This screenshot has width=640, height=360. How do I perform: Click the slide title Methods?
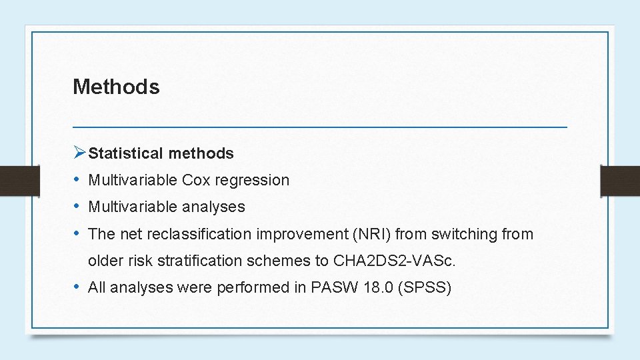click(116, 87)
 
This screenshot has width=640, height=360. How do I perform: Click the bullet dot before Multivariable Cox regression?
click(78, 180)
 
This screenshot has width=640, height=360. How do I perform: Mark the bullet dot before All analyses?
click(78, 287)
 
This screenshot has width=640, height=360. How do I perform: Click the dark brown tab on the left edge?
click(9, 181)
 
